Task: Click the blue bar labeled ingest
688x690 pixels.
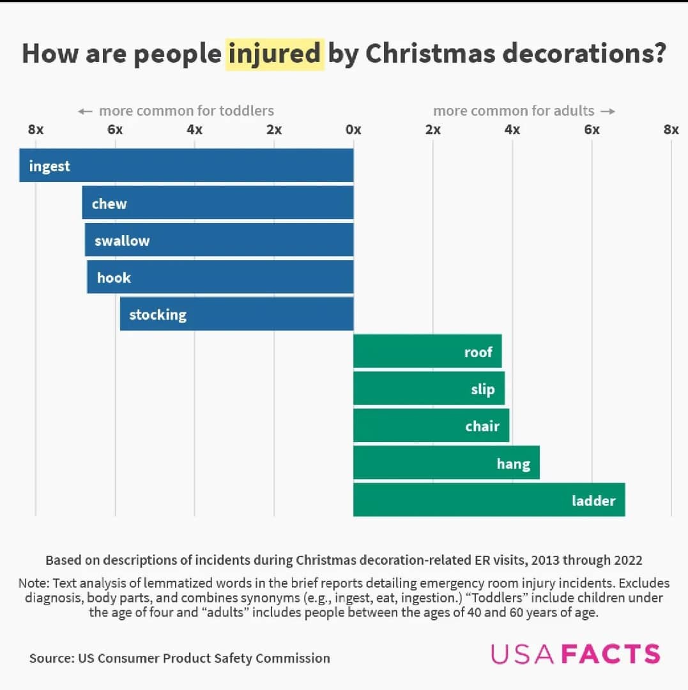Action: (186, 165)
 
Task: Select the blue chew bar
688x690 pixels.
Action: (217, 203)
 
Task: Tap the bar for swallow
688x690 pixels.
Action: (219, 240)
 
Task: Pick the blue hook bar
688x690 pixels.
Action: (220, 277)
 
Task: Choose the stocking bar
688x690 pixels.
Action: (236, 314)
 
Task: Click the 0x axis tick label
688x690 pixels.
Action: (353, 130)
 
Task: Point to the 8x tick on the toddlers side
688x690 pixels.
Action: (36, 130)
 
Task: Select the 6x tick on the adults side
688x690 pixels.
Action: (592, 130)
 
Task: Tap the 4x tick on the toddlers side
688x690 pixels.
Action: (194, 130)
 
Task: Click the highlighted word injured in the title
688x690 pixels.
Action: (275, 54)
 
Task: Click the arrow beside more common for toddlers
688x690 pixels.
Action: (85, 111)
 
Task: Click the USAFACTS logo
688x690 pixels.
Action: (575, 654)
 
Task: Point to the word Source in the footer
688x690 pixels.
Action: (50, 658)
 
